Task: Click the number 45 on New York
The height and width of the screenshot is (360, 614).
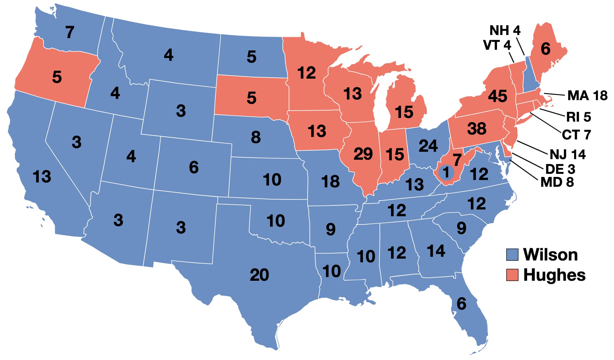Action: (x=497, y=96)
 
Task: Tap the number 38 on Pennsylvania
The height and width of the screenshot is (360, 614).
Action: (x=476, y=128)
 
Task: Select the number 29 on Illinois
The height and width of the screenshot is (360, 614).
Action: (x=363, y=154)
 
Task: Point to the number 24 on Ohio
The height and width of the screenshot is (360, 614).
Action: (x=428, y=146)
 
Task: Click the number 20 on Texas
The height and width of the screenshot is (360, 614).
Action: (x=259, y=275)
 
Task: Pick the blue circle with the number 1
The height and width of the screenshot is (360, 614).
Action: (x=446, y=172)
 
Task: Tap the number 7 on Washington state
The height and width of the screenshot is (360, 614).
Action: (x=70, y=32)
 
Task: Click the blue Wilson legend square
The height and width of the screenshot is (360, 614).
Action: (x=512, y=255)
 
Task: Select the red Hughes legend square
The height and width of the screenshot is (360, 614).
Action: (x=512, y=275)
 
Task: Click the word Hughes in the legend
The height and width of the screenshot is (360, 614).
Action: (x=554, y=275)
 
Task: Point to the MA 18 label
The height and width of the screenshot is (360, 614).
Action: (x=587, y=96)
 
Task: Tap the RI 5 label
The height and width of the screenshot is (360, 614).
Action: (x=578, y=117)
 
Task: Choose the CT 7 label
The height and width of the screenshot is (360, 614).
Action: (x=576, y=135)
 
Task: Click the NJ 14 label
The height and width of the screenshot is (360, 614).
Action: (x=567, y=154)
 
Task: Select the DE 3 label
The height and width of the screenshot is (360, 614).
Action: (x=560, y=169)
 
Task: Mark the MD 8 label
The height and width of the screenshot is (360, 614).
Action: (x=557, y=182)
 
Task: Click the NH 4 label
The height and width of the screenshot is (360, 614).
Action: (x=505, y=30)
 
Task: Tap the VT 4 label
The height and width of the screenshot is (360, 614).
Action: (x=497, y=45)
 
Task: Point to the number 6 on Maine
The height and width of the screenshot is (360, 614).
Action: (x=545, y=49)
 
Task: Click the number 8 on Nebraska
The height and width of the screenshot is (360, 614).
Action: (x=255, y=137)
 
